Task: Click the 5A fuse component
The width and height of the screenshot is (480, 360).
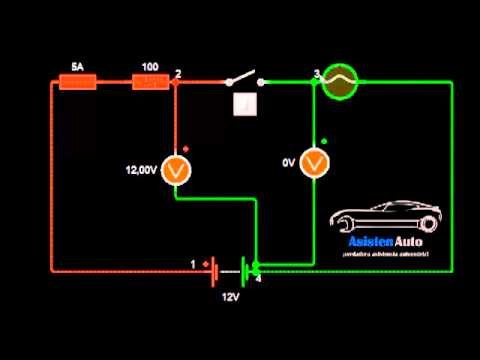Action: click(x=77, y=82)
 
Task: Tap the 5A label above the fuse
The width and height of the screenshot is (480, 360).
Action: click(x=77, y=66)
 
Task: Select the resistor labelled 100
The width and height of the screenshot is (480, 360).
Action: click(x=150, y=82)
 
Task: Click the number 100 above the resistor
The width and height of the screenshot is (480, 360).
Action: click(x=150, y=66)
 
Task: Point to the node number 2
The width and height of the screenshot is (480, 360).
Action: click(x=178, y=73)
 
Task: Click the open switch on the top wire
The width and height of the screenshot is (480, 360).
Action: click(x=243, y=80)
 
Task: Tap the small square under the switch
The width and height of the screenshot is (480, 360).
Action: click(x=242, y=104)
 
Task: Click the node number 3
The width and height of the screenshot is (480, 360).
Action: click(x=316, y=73)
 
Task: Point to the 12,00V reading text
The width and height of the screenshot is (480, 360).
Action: click(x=140, y=171)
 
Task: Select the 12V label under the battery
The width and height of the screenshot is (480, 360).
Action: click(x=232, y=297)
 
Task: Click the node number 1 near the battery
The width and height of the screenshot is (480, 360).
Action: click(x=193, y=264)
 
